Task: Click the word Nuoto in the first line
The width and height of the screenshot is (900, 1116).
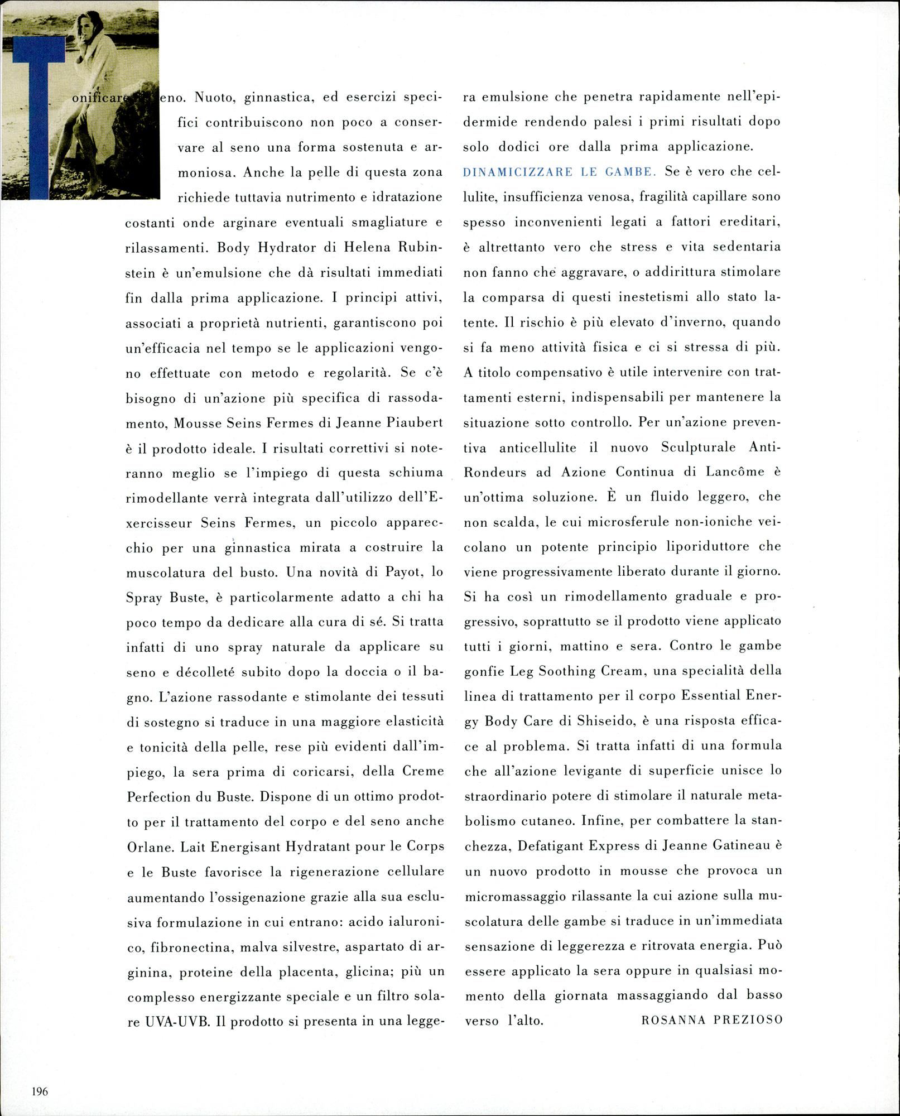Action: [x=209, y=98]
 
